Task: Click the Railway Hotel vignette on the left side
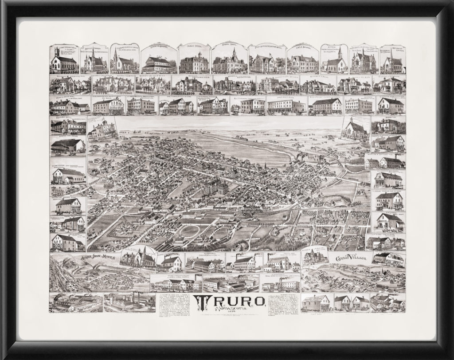67,127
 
